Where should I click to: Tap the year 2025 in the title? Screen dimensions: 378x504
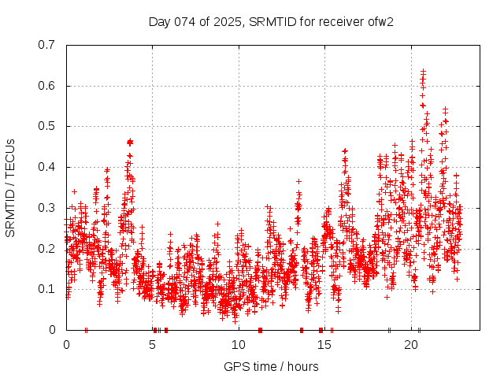coord(228,21)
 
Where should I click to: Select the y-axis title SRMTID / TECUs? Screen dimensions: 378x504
coord(10,187)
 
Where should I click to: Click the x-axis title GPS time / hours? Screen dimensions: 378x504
coord(271,366)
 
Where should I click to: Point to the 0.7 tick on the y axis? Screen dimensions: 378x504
coord(48,45)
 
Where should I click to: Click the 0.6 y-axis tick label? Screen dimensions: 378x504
coord(48,86)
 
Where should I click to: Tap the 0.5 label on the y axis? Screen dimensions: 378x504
coord(48,126)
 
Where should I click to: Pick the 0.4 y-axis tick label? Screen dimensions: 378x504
coord(48,167)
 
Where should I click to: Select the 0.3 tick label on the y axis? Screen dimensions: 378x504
coord(48,208)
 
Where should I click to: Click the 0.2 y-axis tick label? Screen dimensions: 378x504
coord(48,248)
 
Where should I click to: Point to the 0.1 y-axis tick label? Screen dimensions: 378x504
coord(48,289)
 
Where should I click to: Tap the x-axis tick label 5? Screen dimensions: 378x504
coord(153,345)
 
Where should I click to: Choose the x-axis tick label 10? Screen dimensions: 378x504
coord(239,345)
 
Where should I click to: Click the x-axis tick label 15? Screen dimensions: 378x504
coord(325,345)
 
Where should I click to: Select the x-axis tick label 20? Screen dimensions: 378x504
coord(411,345)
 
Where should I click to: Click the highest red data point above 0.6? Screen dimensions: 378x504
coord(423,72)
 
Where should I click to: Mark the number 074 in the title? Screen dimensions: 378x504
coord(183,21)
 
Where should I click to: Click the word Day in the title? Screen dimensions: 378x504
coord(159,21)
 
